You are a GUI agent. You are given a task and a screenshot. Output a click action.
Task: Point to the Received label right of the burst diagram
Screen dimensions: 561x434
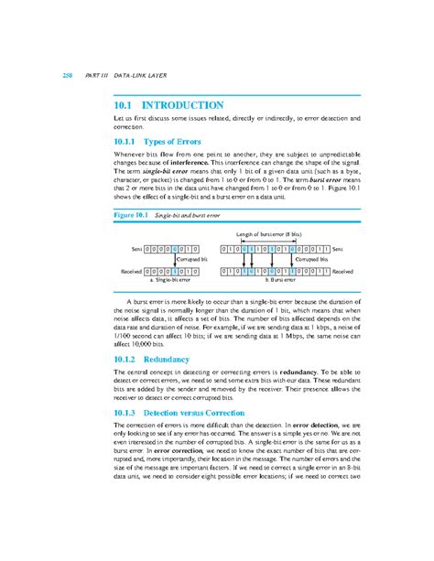(349, 272)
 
